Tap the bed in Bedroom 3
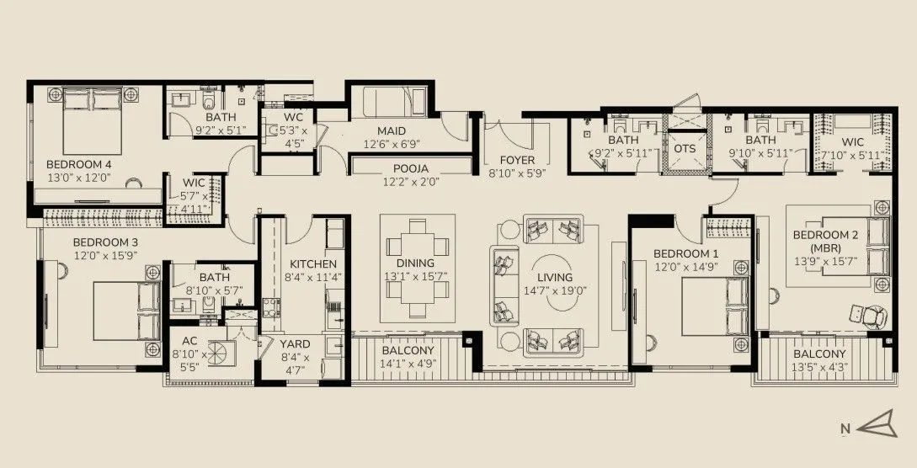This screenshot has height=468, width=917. click(123, 310)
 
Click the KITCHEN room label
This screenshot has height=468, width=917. click(301, 263)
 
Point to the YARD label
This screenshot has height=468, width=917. click(295, 343)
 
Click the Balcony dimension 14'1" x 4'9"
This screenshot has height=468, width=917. click(408, 364)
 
